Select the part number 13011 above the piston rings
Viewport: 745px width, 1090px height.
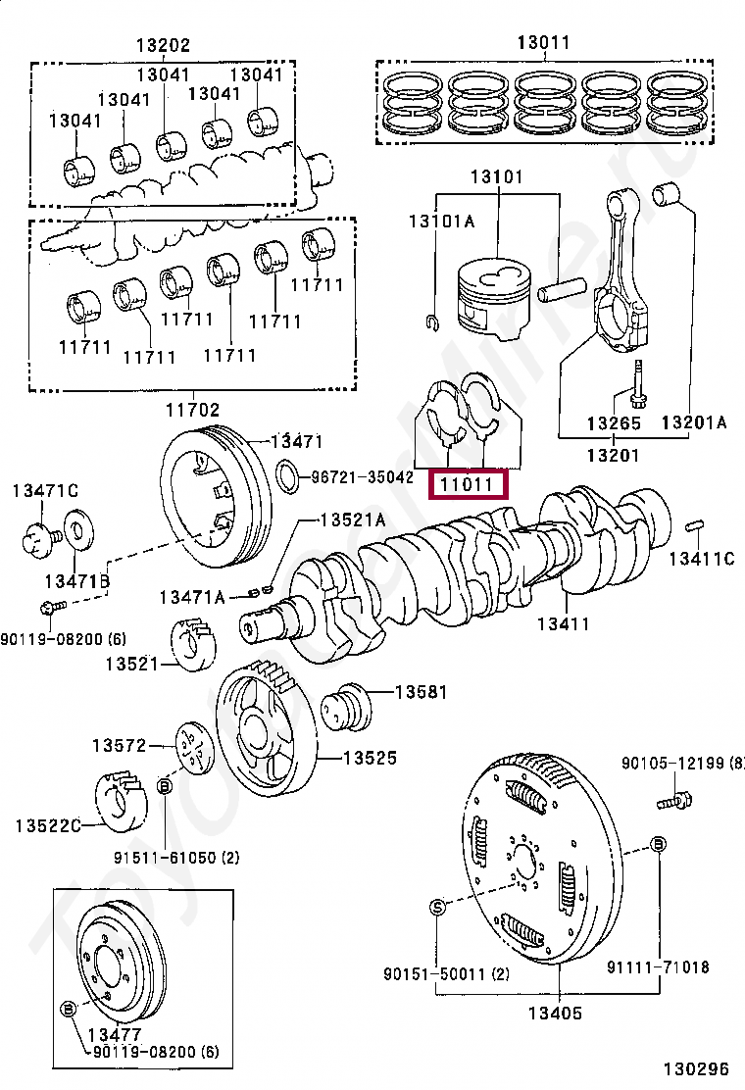[x=543, y=42]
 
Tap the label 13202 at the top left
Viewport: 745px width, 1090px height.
[x=163, y=45]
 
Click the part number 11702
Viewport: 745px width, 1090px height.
[x=192, y=411]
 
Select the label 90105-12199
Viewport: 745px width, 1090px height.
[x=682, y=764]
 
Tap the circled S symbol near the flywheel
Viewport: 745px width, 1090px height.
[x=437, y=906]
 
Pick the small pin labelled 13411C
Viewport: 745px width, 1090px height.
[x=696, y=525]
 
